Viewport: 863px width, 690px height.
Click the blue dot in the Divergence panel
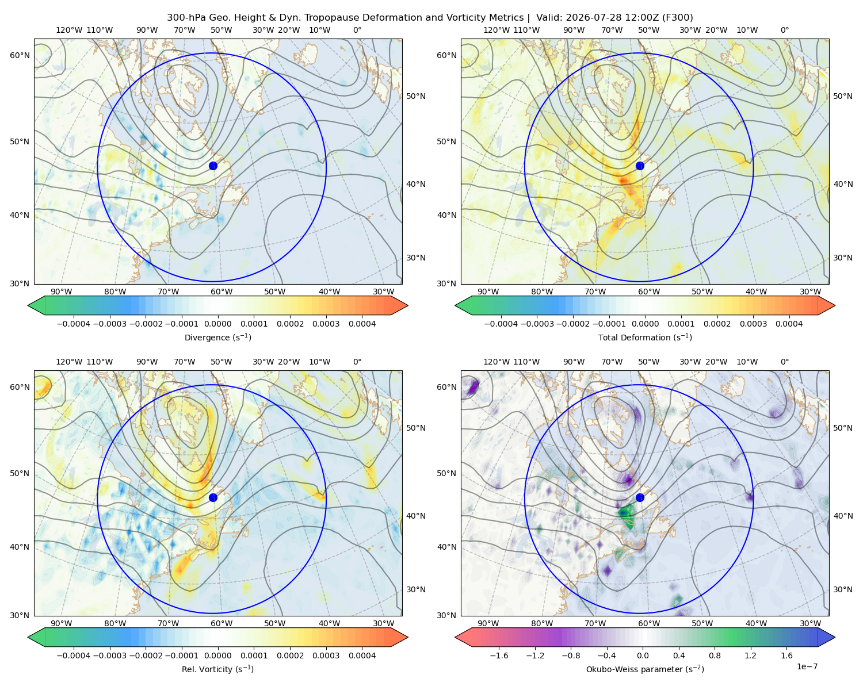point(213,166)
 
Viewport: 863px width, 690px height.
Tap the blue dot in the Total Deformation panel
point(640,166)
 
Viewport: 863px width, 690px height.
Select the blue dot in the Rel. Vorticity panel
point(213,497)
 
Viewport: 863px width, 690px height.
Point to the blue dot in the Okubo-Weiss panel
point(640,497)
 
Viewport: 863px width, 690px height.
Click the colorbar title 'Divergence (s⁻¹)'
point(217,337)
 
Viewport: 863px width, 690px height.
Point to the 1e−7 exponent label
point(807,666)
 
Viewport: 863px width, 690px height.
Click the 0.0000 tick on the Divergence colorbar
point(217,324)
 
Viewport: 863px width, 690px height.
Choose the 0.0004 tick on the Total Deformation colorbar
point(789,324)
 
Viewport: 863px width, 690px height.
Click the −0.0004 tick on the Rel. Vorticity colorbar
point(74,655)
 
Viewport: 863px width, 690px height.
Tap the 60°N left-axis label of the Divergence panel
point(20,55)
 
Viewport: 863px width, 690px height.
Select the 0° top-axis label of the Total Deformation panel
point(784,30)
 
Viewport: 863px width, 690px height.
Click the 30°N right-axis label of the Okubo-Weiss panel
point(842,589)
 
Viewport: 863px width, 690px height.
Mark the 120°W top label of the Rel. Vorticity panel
point(69,362)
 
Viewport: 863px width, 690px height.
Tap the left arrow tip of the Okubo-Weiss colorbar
point(455,637)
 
